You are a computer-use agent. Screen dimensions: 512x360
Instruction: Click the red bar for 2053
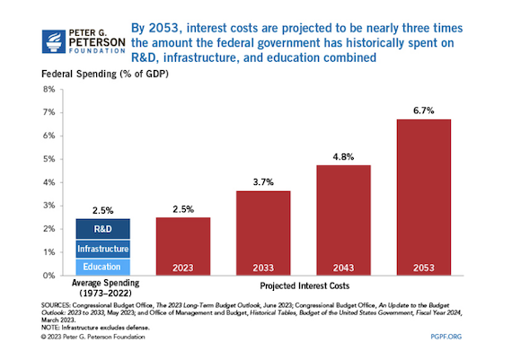tap(423, 198)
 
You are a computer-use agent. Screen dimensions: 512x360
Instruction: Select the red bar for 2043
tap(343, 220)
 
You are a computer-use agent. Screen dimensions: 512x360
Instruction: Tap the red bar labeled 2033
tap(263, 233)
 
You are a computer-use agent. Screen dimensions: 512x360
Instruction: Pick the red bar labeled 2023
tap(183, 246)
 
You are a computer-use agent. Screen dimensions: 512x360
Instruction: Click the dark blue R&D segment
tap(103, 229)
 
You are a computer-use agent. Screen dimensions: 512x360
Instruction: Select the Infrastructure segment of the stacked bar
tap(103, 249)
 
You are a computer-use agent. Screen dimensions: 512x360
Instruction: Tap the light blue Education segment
tap(103, 267)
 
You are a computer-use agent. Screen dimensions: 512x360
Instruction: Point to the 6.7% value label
tap(423, 110)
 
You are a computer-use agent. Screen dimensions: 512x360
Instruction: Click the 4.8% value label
tap(343, 157)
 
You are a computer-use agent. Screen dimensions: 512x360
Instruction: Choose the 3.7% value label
tap(263, 182)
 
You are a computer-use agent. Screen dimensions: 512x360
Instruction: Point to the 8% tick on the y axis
tap(49, 90)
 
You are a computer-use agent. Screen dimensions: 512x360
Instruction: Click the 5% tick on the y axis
tap(49, 159)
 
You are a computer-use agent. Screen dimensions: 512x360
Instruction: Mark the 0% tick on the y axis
tap(49, 276)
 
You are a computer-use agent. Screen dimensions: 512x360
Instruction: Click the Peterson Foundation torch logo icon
tap(54, 41)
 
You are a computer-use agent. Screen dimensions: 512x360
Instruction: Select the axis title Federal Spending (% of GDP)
tap(105, 75)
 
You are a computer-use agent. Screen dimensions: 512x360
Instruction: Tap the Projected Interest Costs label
tap(305, 285)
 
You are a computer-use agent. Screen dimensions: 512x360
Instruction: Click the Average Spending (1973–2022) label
tap(105, 288)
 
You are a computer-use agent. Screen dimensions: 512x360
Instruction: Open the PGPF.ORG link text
tap(446, 337)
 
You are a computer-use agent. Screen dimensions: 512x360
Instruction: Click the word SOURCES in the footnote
tap(55, 305)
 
